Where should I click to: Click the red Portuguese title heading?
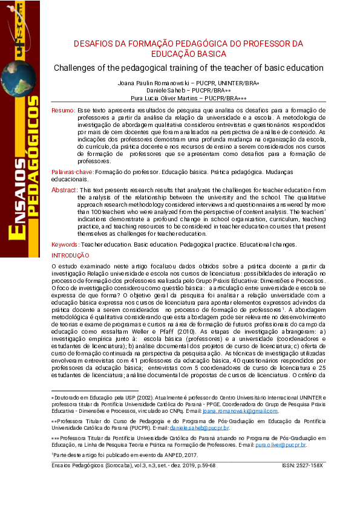pyautogui.click(x=188, y=49)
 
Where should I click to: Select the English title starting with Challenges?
pyautogui.click(x=188, y=68)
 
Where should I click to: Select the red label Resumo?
pyautogui.click(x=63, y=111)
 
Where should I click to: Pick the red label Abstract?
pyautogui.click(x=64, y=190)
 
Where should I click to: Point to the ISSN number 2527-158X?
pyautogui.click(x=310, y=465)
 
